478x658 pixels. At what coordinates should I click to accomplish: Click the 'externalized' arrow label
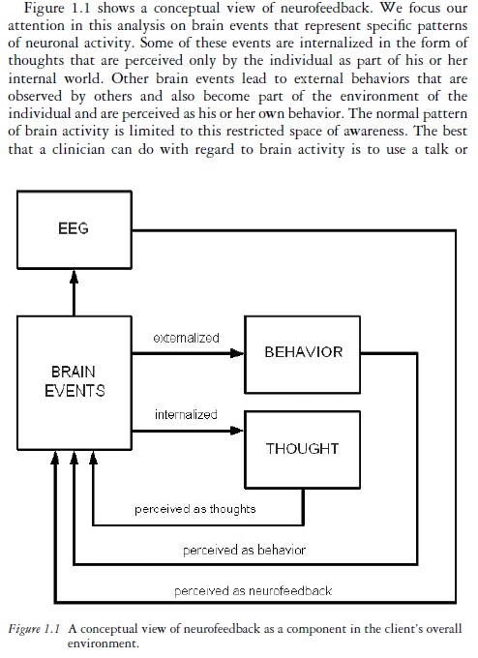pos(187,338)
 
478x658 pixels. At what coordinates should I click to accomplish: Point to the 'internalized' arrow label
pos(186,414)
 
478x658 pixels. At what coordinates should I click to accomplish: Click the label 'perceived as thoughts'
pos(195,509)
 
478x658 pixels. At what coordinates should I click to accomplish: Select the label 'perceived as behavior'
pos(244,550)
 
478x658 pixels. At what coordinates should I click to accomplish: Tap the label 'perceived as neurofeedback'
pos(254,591)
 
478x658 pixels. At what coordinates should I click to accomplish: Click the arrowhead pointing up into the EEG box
pos(75,276)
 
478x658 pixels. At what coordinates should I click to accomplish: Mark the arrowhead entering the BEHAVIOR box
pos(237,354)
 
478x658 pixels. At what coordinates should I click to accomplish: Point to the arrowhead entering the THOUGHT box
pos(237,431)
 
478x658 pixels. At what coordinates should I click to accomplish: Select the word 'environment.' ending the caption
pos(103,643)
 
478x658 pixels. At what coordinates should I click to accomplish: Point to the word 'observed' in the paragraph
pos(35,96)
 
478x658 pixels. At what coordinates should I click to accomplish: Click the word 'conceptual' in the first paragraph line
pos(187,9)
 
